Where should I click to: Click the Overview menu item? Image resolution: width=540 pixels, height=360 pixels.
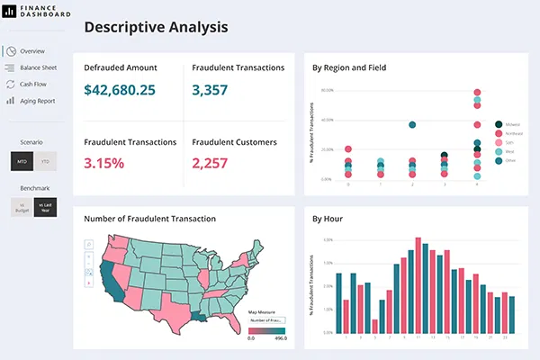click(x=31, y=51)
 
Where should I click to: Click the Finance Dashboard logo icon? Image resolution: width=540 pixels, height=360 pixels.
click(x=7, y=12)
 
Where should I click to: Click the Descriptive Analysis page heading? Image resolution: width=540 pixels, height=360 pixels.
click(x=156, y=27)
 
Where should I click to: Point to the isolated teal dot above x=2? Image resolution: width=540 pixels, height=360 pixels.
click(x=412, y=125)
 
